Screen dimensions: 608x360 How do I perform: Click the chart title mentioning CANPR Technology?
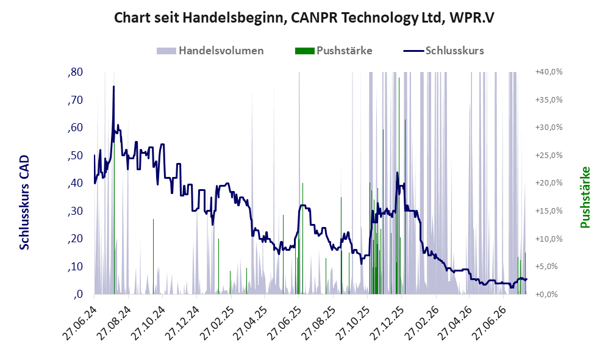[x=304, y=18]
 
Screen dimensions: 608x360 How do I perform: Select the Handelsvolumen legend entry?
[x=210, y=51]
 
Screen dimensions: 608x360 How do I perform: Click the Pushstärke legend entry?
[x=334, y=51]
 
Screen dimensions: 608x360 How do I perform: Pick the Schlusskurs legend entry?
[x=443, y=51]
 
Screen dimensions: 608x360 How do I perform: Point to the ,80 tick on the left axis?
[x=75, y=72]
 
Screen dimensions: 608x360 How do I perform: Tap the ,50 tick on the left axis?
[x=75, y=156]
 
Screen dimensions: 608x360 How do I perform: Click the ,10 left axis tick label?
[x=75, y=267]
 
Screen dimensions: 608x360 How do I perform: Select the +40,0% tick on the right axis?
[x=549, y=72]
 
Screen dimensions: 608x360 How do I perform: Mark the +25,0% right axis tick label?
[x=549, y=155]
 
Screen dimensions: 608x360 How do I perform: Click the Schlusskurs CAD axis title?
[x=24, y=203]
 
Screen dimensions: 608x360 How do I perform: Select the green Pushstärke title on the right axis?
[x=585, y=198]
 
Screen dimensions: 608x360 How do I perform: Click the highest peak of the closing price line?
[x=113, y=87]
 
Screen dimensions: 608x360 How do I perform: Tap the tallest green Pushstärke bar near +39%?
[x=399, y=186]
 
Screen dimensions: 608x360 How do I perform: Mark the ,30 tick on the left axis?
[x=75, y=211]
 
